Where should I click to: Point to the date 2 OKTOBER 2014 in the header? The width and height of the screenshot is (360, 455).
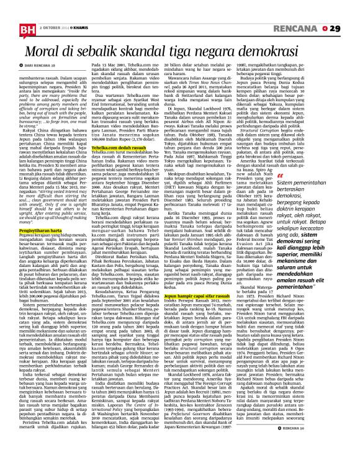pyautogui.click(x=54, y=11)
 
